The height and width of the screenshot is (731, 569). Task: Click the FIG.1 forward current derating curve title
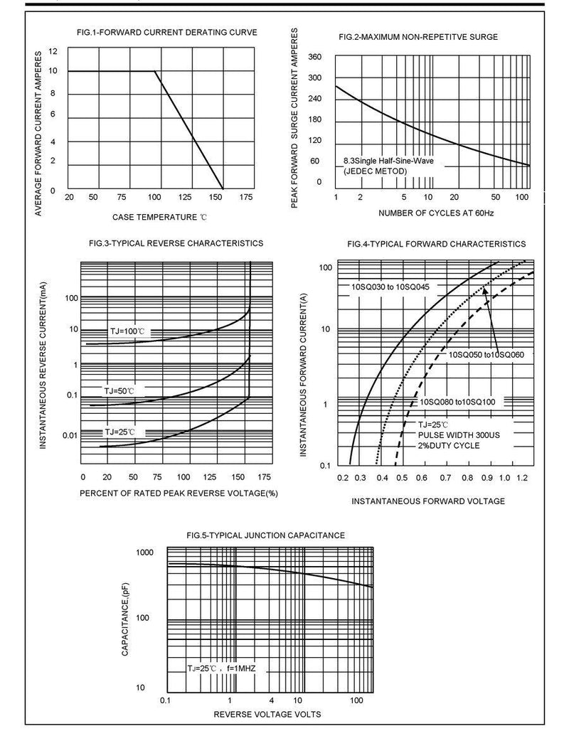coord(167,32)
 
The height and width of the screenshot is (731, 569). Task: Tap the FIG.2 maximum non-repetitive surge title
coord(418,36)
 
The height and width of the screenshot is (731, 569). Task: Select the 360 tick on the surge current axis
coord(315,57)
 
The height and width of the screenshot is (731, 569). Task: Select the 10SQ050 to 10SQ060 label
coord(486,354)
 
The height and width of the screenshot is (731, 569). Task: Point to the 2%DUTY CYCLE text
coord(449,446)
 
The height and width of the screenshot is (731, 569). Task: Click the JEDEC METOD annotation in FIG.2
coord(375,171)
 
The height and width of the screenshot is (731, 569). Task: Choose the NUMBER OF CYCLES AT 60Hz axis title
coord(436,213)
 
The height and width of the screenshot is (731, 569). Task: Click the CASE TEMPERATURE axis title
coord(159,216)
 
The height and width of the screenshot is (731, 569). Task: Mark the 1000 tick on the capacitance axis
coord(144,553)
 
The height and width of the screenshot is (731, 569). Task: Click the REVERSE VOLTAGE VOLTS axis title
coord(267,714)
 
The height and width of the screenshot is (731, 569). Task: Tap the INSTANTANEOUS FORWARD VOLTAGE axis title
coord(428,501)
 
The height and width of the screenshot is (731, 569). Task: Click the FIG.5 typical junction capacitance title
coord(265,535)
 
